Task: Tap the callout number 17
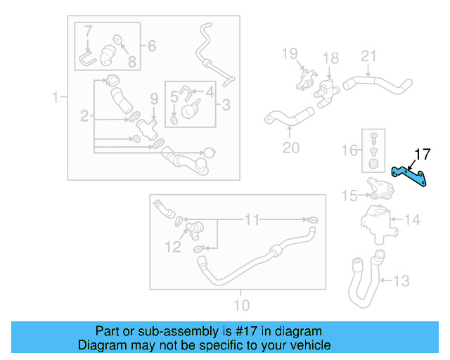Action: tap(422, 154)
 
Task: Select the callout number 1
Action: tap(56, 97)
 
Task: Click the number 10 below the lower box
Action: tap(240, 305)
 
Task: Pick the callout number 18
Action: tap(330, 58)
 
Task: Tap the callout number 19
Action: tap(290, 53)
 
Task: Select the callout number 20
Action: tap(290, 147)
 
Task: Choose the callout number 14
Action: tap(412, 220)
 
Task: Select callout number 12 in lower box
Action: tap(173, 246)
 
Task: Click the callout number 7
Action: tap(88, 31)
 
